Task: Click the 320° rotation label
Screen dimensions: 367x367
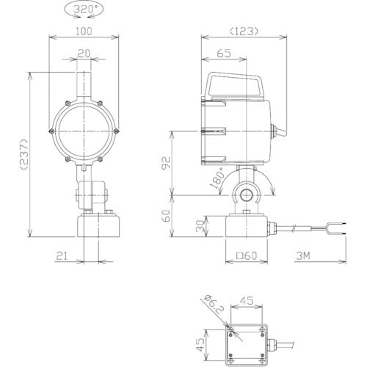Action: click(84, 10)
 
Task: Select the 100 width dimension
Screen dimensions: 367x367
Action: click(84, 32)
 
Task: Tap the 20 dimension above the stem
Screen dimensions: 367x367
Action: click(84, 54)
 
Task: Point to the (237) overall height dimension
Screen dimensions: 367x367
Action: click(25, 154)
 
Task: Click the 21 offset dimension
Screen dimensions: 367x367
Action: click(62, 256)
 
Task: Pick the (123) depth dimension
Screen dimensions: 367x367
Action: click(244, 31)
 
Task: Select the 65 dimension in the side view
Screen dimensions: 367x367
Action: click(224, 54)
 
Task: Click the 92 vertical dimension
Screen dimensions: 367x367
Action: click(166, 163)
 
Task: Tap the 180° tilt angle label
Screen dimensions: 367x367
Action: click(217, 178)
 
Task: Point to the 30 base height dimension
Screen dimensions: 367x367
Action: click(200, 226)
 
